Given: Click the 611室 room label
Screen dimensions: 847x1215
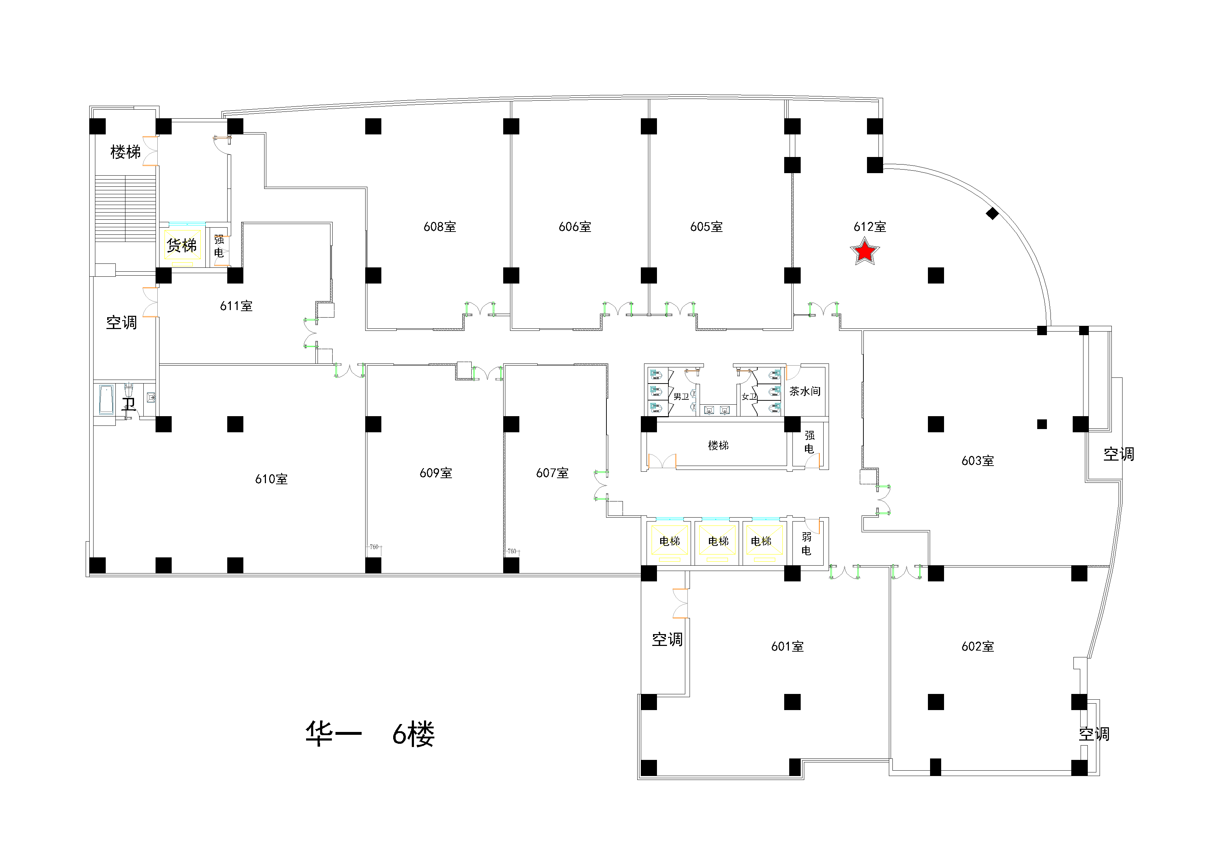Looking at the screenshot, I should tap(236, 306).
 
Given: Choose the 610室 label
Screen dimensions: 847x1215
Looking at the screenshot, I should tap(271, 479).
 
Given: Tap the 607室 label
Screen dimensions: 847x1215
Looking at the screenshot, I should tap(552, 473).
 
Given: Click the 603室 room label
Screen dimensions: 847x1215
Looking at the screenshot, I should tap(977, 461).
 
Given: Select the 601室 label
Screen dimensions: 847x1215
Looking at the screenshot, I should tap(787, 646).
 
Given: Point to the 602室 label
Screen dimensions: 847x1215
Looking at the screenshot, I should tap(977, 646).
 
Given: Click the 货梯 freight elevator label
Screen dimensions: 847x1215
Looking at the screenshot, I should tap(181, 245).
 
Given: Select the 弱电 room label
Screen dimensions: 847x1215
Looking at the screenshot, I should tap(806, 544).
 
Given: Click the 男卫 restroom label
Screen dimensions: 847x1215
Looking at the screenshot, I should tap(681, 396).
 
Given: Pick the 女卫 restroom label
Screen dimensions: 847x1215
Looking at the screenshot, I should tap(749, 396).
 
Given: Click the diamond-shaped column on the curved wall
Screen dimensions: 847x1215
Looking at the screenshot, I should tap(992, 213).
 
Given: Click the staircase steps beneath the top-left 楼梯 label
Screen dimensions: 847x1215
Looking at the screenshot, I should tap(125, 209).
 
